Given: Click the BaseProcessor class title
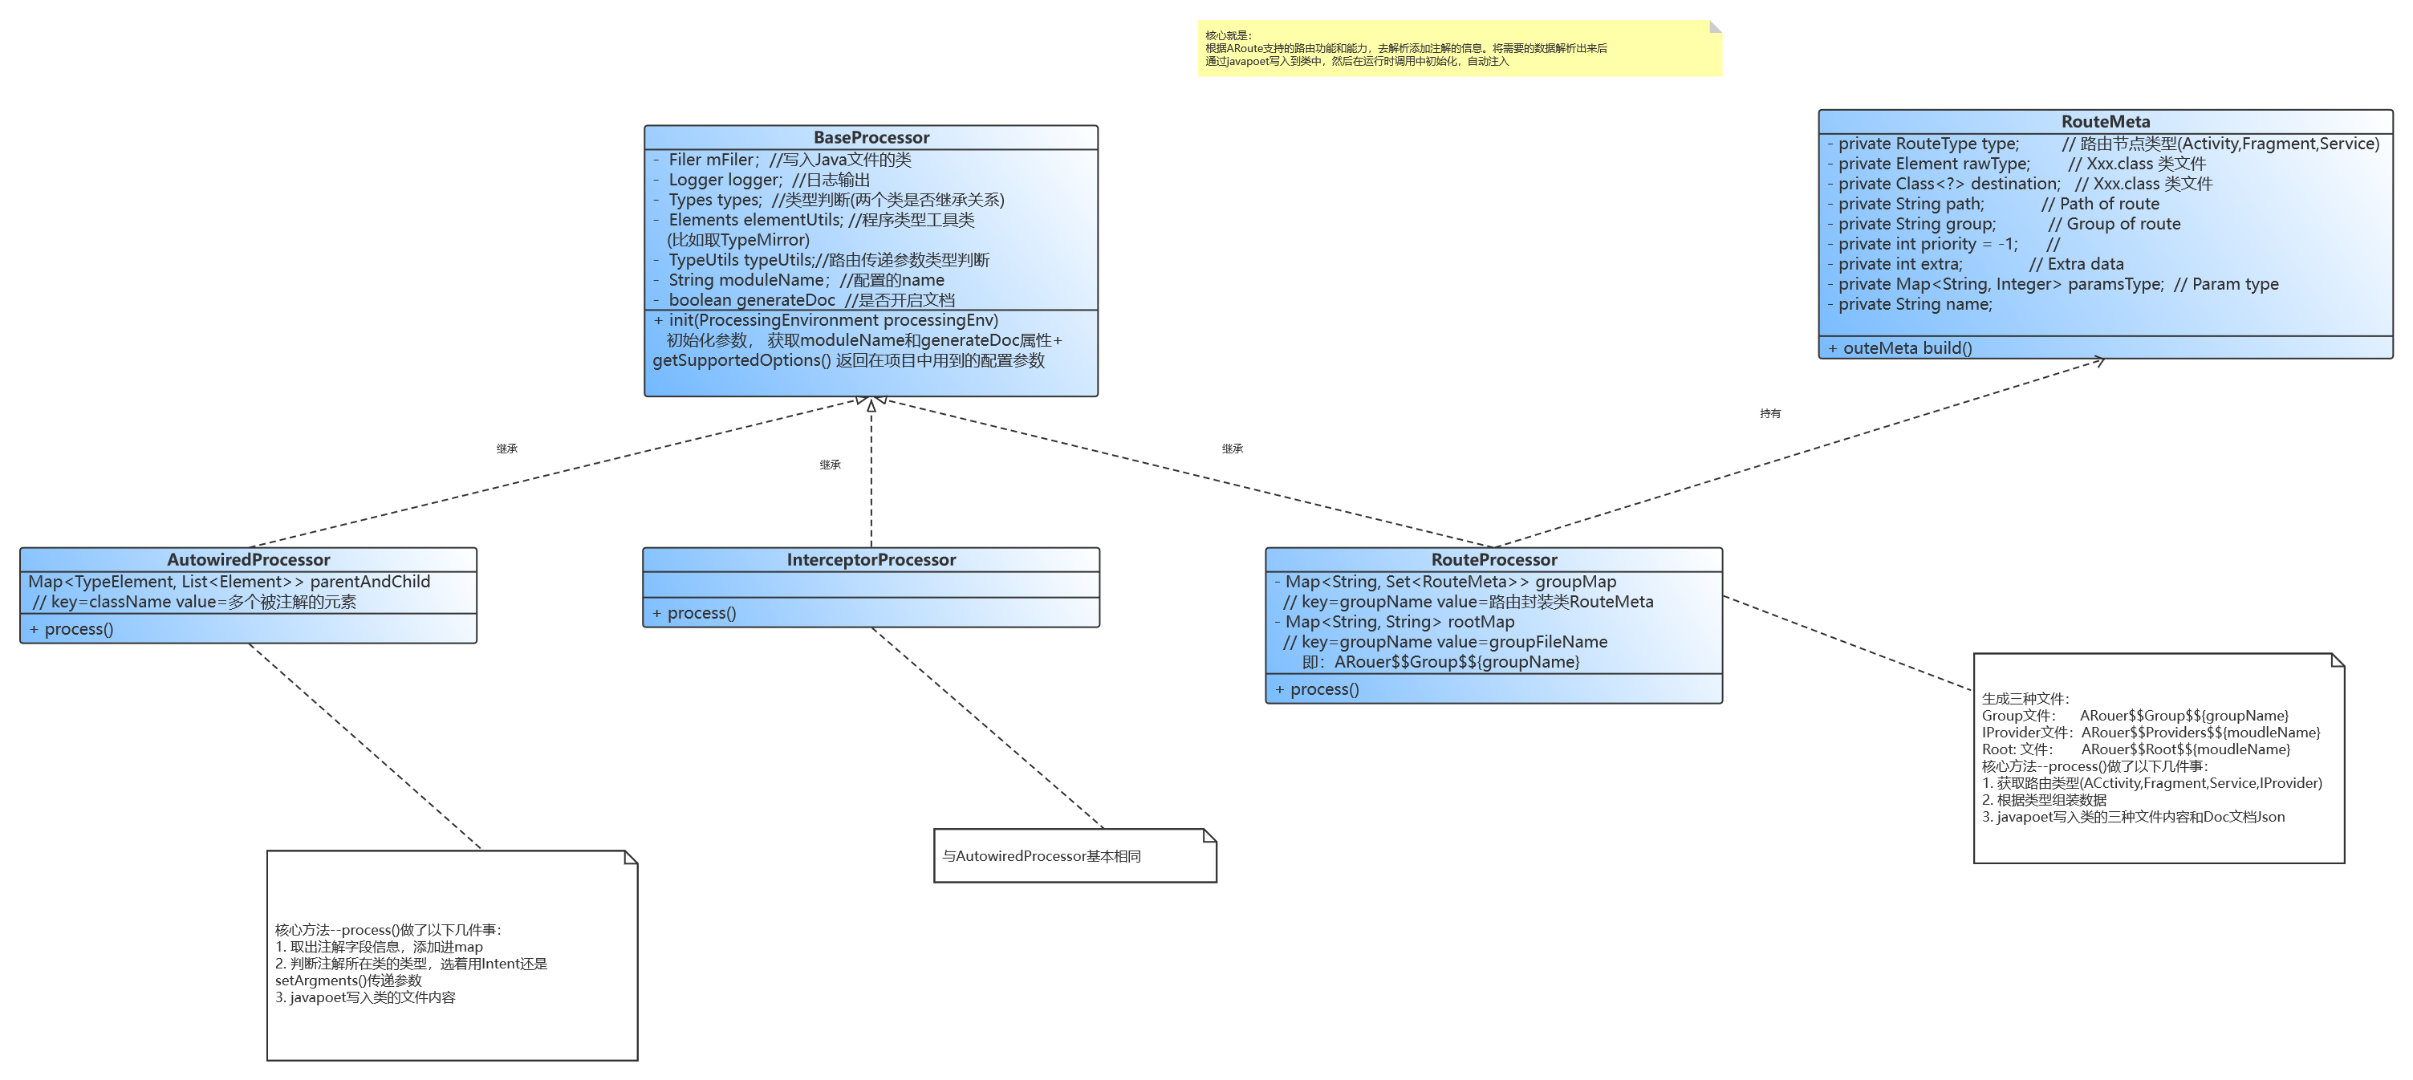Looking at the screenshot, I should coord(871,138).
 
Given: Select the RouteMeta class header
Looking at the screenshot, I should coord(2105,122).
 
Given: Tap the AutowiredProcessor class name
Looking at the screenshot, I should coord(248,559).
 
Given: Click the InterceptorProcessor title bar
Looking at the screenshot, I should coord(871,559).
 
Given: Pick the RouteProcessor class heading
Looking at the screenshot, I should coord(1493,559).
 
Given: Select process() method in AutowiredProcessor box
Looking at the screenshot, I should coord(79,628).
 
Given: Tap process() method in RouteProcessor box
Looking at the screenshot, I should coord(1323,688).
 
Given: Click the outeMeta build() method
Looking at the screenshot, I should coord(1906,347).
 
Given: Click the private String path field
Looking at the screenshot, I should coord(1911,203).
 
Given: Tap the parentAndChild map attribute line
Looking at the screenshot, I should coord(230,582).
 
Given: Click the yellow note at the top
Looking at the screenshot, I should coord(1459,49).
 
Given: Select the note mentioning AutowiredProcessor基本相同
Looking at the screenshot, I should coord(1074,855).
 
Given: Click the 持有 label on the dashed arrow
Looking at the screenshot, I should coord(1769,413).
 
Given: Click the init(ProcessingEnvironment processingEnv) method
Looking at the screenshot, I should coord(833,320).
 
